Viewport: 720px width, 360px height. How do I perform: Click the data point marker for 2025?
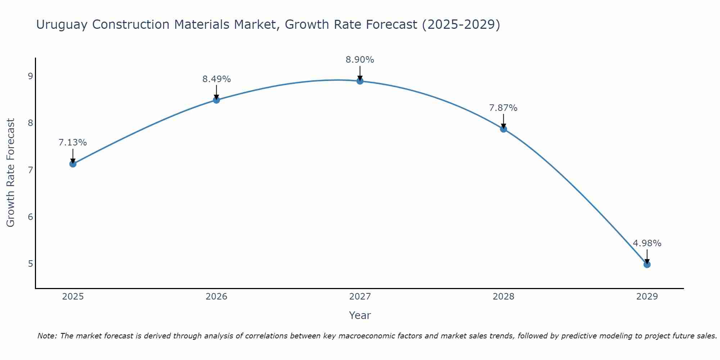point(73,164)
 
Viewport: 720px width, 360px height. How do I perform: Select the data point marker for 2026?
point(216,100)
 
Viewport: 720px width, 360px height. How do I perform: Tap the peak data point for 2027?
point(360,81)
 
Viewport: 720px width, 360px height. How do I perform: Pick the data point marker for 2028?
point(503,129)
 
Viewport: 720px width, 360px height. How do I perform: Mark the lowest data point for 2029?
point(647,265)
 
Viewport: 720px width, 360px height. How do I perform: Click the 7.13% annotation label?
point(73,143)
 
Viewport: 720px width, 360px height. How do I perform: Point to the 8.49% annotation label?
point(216,79)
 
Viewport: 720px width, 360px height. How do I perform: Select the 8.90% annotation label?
point(360,60)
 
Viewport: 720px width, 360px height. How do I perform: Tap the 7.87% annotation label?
point(503,108)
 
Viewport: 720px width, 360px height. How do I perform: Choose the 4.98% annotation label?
point(647,243)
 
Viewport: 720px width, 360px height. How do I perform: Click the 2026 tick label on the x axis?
point(216,297)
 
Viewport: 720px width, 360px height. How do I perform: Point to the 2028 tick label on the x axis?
point(503,297)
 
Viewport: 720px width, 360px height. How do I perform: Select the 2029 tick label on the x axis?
point(647,297)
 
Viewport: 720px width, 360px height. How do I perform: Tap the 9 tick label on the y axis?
point(30,76)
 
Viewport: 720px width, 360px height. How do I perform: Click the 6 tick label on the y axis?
point(30,217)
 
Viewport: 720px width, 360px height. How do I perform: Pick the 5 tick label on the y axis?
point(30,264)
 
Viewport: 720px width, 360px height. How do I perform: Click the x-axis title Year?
point(360,315)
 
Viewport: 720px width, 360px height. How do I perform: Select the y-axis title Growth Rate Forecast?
point(11,173)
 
